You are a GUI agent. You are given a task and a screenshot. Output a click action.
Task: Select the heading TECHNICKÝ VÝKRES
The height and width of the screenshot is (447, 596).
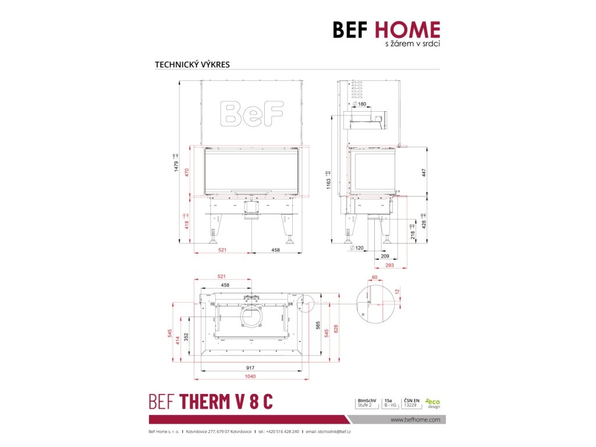[192, 65]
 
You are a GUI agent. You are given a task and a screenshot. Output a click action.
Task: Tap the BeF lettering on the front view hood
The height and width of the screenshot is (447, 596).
[252, 113]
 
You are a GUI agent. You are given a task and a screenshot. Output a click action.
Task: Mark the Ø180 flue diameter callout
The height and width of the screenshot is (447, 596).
[360, 104]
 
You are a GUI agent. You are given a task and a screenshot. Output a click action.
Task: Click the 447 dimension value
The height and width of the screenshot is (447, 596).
[424, 173]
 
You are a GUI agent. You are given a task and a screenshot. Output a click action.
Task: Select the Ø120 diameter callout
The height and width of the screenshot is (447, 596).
[357, 248]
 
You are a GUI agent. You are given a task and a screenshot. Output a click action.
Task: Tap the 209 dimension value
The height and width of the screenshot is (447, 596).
[385, 256]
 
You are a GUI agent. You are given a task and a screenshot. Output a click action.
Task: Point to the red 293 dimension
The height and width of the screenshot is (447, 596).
[390, 265]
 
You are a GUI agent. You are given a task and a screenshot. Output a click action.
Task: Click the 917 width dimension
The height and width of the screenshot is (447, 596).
[251, 368]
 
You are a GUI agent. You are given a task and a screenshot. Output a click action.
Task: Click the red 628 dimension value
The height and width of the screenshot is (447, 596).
[336, 329]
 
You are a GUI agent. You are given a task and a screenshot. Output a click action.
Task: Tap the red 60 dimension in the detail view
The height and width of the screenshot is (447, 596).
[374, 278]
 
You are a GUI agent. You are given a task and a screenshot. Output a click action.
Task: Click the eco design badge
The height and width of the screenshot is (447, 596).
[432, 403]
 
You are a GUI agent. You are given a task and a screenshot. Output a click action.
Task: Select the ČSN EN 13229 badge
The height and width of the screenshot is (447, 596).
[410, 403]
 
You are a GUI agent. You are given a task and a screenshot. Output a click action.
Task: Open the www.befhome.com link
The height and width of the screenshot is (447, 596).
[414, 419]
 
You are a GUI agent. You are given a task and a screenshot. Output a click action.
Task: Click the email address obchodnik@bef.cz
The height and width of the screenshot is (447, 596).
[328, 431]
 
